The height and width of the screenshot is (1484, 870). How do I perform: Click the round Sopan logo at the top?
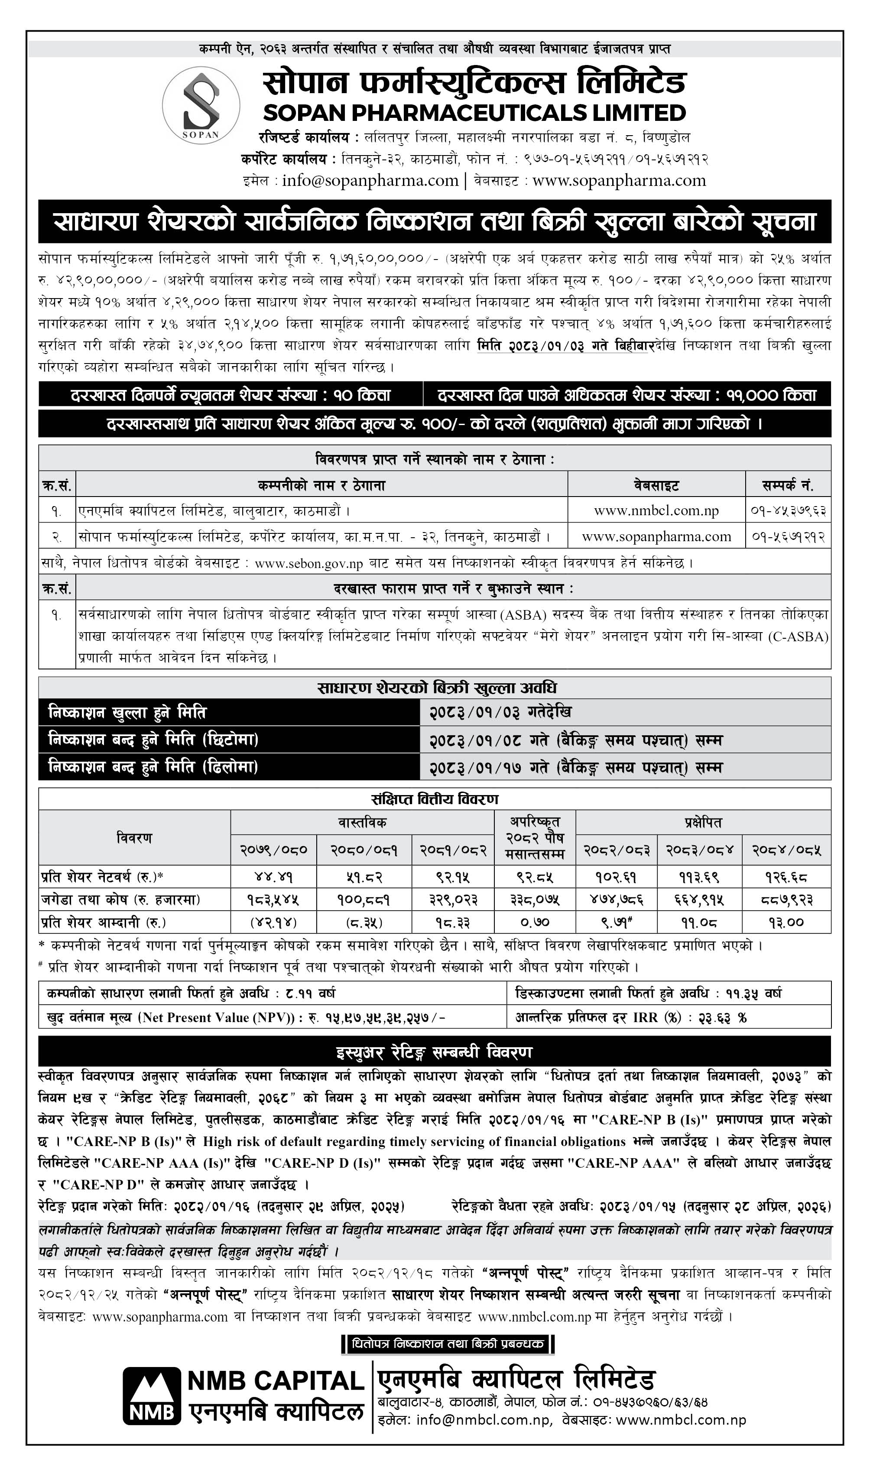(201, 105)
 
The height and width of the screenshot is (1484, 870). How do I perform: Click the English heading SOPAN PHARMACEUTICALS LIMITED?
(474, 113)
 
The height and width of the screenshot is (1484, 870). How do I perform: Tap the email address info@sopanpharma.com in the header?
(370, 181)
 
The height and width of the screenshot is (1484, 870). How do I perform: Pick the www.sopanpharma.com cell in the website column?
(656, 536)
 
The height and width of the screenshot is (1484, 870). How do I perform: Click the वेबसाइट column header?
(656, 485)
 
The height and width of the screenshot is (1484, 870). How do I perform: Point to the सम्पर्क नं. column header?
(788, 485)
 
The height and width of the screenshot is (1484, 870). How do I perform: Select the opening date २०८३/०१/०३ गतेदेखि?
(500, 712)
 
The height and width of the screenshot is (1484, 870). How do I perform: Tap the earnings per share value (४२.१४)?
(273, 922)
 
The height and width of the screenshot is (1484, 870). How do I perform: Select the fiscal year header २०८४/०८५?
(786, 850)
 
